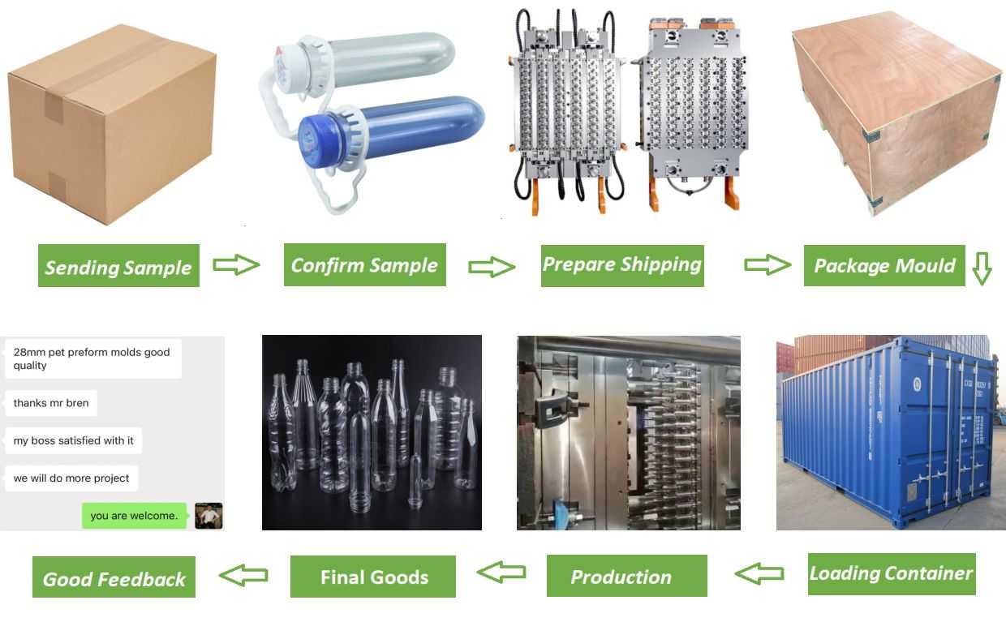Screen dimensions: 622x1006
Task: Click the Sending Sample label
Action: coord(118,266)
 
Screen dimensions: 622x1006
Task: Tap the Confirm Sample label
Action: coord(364,264)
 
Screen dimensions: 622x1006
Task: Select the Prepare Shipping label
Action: coord(622,264)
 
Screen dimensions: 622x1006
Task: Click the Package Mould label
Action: coord(884,265)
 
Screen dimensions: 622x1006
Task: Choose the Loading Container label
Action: coord(891,573)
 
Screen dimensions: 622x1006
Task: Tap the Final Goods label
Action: coord(373,577)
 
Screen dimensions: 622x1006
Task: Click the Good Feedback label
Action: coord(114,577)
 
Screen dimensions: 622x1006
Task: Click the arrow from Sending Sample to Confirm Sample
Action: coord(236,265)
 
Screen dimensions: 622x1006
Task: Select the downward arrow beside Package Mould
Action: coord(982,268)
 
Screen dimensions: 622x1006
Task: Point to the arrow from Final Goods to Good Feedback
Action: coord(243,576)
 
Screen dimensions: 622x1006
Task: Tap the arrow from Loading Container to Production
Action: coord(759,574)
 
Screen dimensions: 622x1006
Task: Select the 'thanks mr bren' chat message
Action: coord(51,403)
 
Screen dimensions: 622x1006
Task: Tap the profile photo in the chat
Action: coord(209,516)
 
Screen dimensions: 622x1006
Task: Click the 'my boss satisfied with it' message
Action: coord(74,440)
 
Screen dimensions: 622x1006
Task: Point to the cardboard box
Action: coord(112,122)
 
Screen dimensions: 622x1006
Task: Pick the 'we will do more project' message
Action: coord(71,478)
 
